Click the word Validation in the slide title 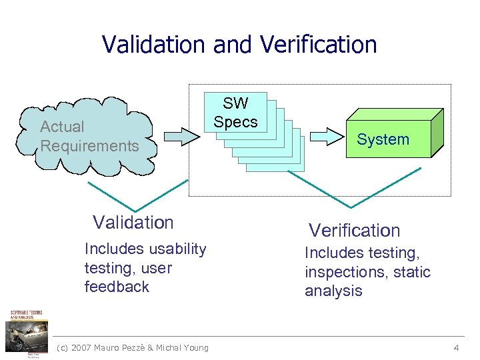point(155,45)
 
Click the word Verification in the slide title point(319,45)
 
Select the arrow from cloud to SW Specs point(181,136)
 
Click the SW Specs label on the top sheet point(235,113)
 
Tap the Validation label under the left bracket point(133,222)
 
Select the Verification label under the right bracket point(354,231)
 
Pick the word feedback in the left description point(117,287)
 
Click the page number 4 point(456,347)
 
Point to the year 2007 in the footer point(81,347)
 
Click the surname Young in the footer point(195,347)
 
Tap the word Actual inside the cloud point(62,127)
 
